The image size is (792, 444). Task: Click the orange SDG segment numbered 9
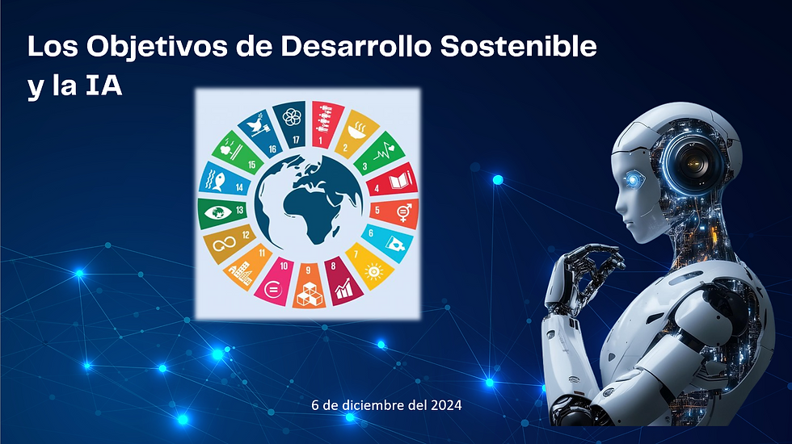[x=308, y=288]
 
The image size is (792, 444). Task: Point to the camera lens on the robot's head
[x=693, y=162]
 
